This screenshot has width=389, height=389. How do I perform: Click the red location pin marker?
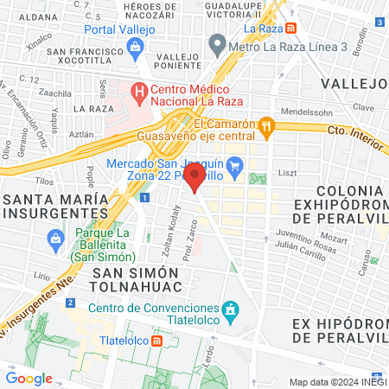[x=195, y=179]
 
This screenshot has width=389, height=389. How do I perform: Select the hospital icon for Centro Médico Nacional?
[x=138, y=89]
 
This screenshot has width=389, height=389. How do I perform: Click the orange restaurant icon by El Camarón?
[x=268, y=126]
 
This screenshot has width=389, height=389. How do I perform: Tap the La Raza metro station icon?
[x=292, y=29]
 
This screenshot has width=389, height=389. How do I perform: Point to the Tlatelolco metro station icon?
[x=156, y=341]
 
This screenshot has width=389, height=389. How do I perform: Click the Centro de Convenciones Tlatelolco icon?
[x=230, y=309]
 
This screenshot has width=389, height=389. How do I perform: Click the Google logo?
[x=29, y=378]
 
